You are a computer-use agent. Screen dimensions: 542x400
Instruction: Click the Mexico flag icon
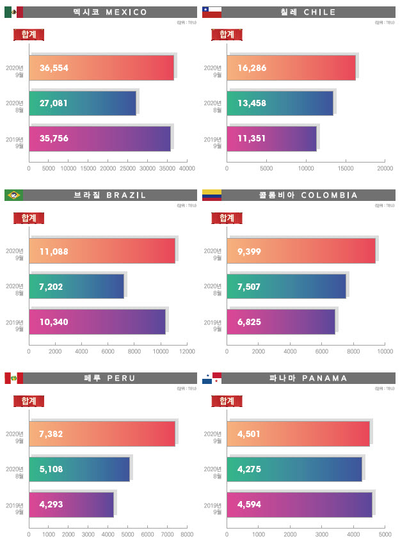[x=13, y=12]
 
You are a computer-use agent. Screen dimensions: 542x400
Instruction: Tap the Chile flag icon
[x=212, y=12]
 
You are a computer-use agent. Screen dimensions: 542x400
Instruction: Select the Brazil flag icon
[x=13, y=195]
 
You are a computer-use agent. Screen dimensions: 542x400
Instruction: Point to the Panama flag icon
[x=212, y=378]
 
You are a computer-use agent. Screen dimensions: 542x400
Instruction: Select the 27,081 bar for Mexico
[x=83, y=103]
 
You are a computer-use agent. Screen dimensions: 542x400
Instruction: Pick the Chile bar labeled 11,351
[x=272, y=138]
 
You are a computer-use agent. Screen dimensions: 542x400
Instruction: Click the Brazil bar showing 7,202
[x=77, y=286]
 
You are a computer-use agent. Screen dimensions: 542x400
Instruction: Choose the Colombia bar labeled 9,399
[x=301, y=251]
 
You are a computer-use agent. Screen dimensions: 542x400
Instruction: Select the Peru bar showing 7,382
[x=102, y=434]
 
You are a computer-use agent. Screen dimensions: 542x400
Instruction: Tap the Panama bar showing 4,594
[x=300, y=504]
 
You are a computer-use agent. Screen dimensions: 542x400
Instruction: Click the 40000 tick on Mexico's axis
[x=187, y=168]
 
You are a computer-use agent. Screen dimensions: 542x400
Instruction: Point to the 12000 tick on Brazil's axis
[x=187, y=351]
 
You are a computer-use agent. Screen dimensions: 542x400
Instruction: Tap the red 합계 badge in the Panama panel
[x=227, y=401]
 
